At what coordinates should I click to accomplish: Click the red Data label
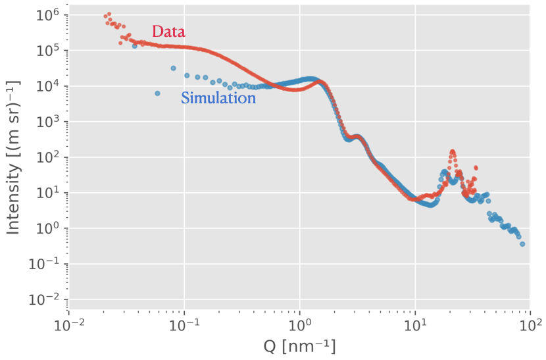[x=168, y=31]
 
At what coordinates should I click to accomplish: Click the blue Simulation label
[x=218, y=99]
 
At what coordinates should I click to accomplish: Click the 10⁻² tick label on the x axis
[x=68, y=324]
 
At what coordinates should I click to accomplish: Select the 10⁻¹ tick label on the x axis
[x=184, y=324]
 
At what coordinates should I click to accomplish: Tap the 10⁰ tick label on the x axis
[x=300, y=324]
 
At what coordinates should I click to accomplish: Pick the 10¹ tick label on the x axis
[x=415, y=324]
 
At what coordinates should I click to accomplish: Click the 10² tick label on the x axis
[x=531, y=324]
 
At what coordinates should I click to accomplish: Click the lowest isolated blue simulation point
[x=157, y=93]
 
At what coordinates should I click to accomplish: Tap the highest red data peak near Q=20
[x=452, y=151]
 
